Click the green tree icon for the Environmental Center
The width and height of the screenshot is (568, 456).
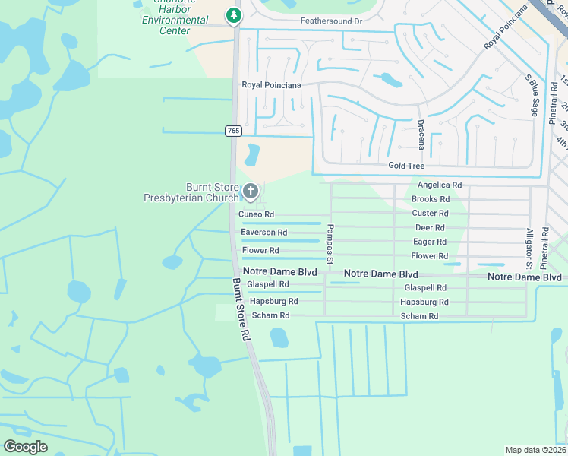(x=234, y=14)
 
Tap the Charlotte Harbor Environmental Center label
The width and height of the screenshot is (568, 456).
(x=175, y=20)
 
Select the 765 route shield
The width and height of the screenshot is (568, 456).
(x=232, y=131)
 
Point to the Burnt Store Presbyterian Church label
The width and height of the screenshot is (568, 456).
(x=191, y=193)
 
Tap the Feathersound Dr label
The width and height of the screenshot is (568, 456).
(x=331, y=21)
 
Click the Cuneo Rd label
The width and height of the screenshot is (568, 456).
(x=256, y=215)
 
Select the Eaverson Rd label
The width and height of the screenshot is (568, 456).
(x=263, y=233)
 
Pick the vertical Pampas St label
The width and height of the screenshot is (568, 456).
(x=330, y=244)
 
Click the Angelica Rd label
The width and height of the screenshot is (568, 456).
(x=440, y=185)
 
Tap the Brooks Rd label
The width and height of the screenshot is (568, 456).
(x=431, y=199)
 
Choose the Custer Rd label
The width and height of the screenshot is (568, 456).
(x=430, y=214)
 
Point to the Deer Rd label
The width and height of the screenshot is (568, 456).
(x=430, y=228)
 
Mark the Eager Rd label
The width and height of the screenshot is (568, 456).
(x=429, y=242)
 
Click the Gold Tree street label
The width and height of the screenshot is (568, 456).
(x=406, y=166)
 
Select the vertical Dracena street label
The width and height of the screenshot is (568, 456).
(x=421, y=134)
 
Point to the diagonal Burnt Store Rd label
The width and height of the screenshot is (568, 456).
(x=241, y=309)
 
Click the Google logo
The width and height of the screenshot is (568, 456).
(x=25, y=447)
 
